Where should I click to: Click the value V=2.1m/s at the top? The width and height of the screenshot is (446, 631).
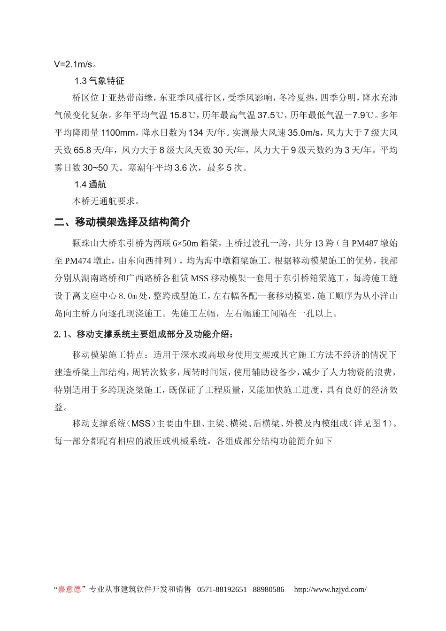point(74,64)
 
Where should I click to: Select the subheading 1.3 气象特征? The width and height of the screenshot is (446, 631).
point(100,81)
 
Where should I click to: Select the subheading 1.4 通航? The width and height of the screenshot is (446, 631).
point(91,185)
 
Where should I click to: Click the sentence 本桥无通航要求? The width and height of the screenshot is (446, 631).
point(105,201)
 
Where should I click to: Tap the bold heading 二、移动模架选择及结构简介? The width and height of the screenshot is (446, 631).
point(122,222)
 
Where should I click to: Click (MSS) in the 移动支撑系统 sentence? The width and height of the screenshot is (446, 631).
point(141,424)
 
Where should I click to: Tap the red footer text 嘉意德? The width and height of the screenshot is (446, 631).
point(69,589)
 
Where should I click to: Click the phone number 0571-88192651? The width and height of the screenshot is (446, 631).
point(222,589)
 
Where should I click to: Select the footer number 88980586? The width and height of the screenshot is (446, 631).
point(269,589)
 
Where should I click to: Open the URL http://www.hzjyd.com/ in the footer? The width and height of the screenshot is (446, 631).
point(330,589)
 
